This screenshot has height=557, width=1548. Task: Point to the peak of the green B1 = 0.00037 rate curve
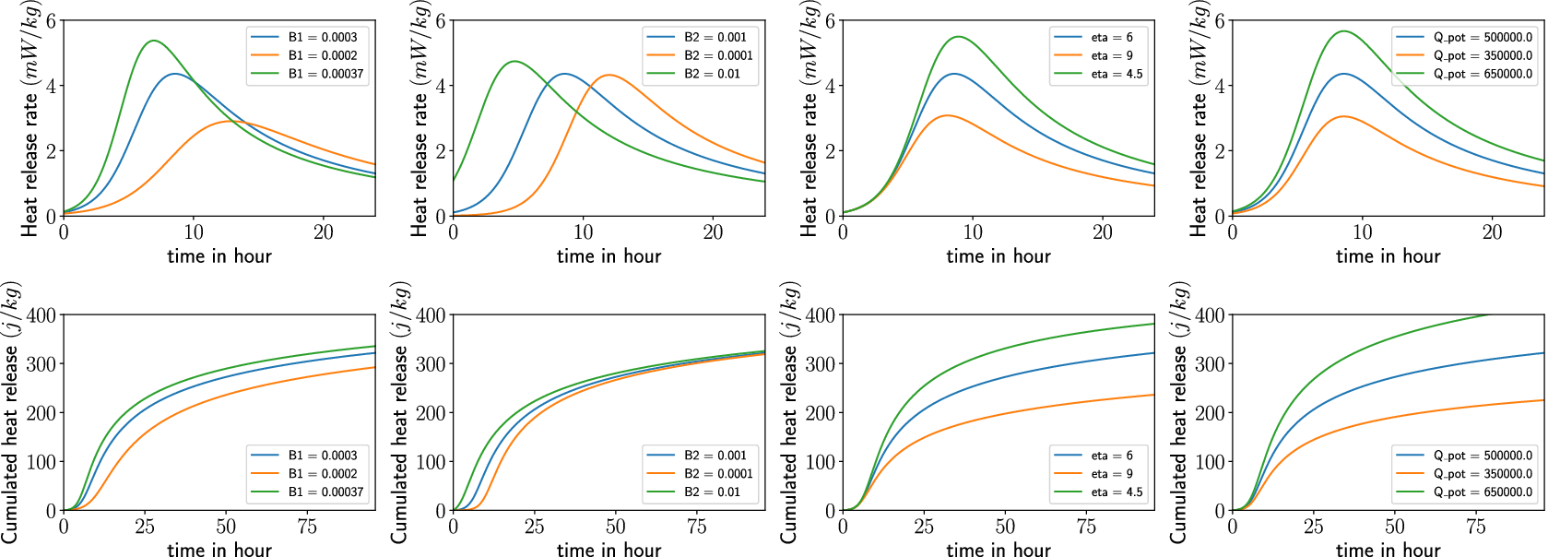coord(154,41)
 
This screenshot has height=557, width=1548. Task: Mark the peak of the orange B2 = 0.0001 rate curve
coord(609,75)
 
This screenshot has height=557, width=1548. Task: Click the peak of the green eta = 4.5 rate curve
coord(960,37)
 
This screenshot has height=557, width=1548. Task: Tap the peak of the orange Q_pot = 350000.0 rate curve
coord(1343,116)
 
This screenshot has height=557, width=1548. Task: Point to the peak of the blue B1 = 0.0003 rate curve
coord(174,74)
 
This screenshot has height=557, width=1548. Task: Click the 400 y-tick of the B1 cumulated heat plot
coord(41,315)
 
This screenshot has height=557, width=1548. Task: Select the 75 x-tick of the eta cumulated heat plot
coord(1087,527)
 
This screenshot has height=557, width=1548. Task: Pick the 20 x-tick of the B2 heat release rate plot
coord(714,232)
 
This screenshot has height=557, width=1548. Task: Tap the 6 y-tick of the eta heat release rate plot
coord(830,21)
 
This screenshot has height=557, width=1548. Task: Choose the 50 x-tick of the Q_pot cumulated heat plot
coord(1395,527)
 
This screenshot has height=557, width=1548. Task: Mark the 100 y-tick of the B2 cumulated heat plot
coord(431,462)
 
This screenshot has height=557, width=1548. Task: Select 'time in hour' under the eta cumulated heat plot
coord(999,550)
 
